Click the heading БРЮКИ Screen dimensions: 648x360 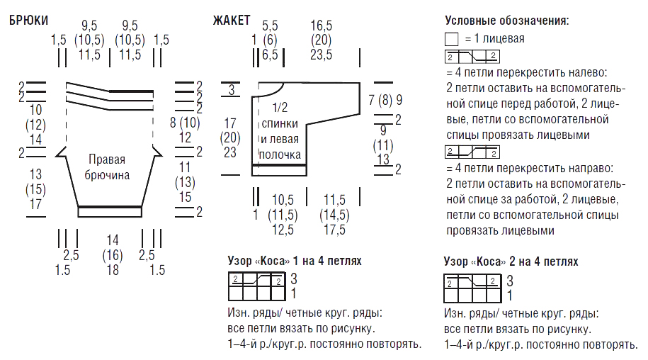[x=28, y=21]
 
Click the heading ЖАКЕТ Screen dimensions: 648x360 [x=232, y=21]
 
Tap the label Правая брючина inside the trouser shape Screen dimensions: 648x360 [x=107, y=167]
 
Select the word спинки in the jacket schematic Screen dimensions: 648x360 [x=280, y=123]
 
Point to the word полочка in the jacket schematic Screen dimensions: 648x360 [x=280, y=154]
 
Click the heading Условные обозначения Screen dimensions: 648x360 [x=506, y=21]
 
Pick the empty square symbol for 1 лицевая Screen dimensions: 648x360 [x=452, y=39]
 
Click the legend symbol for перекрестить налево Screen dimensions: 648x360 [x=472, y=57]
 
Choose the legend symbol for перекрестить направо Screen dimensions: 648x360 [x=472, y=152]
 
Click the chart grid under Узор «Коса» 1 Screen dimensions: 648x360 [x=256, y=286]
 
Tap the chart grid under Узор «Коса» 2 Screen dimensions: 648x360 [x=472, y=288]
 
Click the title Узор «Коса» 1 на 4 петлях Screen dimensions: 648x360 [x=294, y=261]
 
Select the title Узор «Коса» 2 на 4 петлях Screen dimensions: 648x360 [x=511, y=261]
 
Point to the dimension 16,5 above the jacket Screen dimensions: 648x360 [x=321, y=26]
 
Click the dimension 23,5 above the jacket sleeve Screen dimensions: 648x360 [x=321, y=55]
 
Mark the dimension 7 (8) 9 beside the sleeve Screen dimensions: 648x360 [x=385, y=100]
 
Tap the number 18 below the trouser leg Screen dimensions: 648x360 [x=113, y=270]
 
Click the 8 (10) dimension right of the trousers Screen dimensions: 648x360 [x=185, y=123]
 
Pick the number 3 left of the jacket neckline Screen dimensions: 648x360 [x=232, y=89]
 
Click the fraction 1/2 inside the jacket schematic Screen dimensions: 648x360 [x=280, y=108]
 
